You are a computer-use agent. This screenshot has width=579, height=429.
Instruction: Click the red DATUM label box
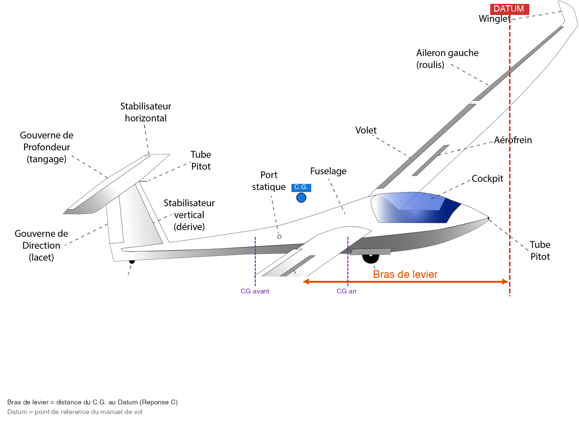[x=510, y=9]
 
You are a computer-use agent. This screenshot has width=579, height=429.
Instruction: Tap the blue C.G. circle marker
[x=302, y=197]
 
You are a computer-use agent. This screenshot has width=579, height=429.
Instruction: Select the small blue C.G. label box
[x=301, y=187]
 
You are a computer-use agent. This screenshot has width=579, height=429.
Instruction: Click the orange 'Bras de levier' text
[x=405, y=274]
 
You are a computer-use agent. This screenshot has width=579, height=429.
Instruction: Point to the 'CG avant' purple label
[x=255, y=291]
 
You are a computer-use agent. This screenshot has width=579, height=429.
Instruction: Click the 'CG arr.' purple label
[x=347, y=291]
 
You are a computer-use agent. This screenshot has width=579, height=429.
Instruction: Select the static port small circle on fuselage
[x=279, y=236]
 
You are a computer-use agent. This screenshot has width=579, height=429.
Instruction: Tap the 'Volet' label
[x=366, y=130]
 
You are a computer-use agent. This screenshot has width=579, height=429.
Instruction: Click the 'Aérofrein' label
[x=513, y=140]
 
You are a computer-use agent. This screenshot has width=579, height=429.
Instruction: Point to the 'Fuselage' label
[x=328, y=171]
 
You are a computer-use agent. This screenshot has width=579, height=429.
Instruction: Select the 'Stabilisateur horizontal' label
[x=146, y=112]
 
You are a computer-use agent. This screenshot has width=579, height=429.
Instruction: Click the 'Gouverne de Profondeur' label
[x=47, y=147]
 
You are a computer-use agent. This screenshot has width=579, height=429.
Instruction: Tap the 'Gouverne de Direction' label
[x=41, y=245]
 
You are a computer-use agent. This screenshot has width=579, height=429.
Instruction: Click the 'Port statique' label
[x=269, y=180]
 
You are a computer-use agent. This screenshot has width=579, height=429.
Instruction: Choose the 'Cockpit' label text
[x=487, y=179]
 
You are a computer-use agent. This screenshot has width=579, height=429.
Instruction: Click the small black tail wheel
[x=132, y=262]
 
